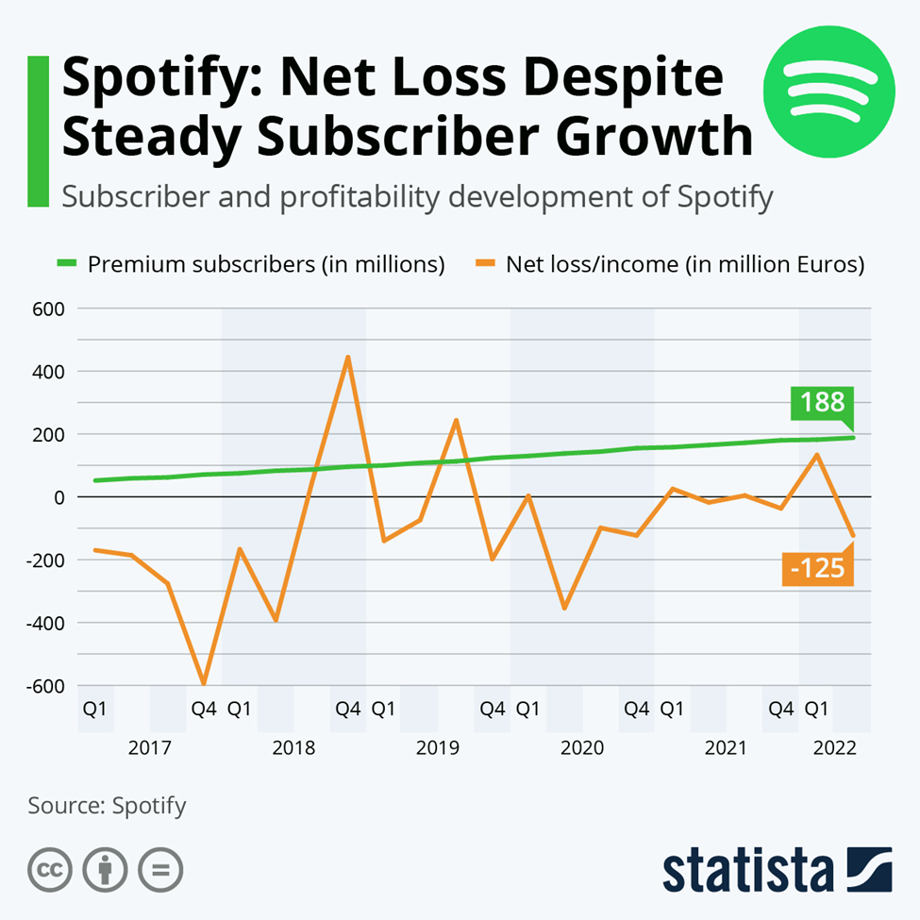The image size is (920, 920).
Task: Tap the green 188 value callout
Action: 823,404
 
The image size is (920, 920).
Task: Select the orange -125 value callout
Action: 817,569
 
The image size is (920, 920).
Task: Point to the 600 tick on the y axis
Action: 47,309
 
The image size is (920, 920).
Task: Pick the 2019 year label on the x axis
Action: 437,749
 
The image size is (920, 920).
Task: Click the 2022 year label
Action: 833,749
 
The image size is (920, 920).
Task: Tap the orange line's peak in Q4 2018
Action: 348,357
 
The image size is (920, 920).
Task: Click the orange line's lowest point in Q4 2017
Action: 203,683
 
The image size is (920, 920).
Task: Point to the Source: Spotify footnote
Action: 107,806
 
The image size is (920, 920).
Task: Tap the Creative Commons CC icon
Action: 51,869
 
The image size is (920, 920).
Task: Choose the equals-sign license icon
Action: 160,869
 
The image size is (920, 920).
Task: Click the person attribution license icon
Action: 106,869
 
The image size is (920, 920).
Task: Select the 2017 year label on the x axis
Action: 149,749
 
